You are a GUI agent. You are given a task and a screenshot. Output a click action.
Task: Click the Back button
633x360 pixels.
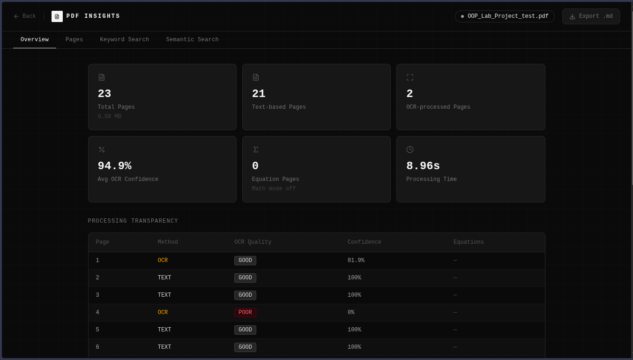pyautogui.click(x=25, y=16)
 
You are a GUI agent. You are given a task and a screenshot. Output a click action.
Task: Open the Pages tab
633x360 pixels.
pyautogui.click(x=74, y=39)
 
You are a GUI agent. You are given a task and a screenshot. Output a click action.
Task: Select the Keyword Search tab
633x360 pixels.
pyautogui.click(x=124, y=39)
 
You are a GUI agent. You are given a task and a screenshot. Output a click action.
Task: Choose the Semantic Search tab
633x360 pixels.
pyautogui.click(x=192, y=39)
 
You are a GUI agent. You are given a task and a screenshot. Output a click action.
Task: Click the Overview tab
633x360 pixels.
pyautogui.click(x=35, y=39)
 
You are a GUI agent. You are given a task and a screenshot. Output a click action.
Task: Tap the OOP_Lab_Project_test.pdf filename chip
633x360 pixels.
pyautogui.click(x=505, y=16)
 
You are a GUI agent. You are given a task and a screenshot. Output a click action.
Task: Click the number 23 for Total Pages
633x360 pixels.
pyautogui.click(x=104, y=94)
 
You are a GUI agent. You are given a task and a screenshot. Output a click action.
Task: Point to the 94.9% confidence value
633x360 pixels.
pyautogui.click(x=114, y=166)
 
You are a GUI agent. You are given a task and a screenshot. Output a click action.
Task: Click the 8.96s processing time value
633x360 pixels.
pyautogui.click(x=423, y=166)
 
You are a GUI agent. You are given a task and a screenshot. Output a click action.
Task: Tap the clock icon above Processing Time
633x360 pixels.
pyautogui.click(x=410, y=150)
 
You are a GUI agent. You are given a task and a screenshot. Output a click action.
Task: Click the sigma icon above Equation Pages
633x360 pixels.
pyautogui.click(x=255, y=150)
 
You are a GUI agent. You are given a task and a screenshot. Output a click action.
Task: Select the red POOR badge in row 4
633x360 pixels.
pyautogui.click(x=245, y=312)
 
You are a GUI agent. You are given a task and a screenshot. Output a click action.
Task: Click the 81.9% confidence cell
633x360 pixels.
pyautogui.click(x=356, y=260)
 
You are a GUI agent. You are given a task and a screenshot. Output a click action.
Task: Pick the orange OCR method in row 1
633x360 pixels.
pyautogui.click(x=163, y=260)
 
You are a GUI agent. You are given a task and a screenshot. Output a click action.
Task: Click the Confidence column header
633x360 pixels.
pyautogui.click(x=364, y=242)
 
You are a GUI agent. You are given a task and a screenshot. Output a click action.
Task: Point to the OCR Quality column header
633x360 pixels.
pyautogui.click(x=253, y=242)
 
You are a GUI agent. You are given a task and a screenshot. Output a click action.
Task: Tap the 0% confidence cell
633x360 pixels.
pyautogui.click(x=351, y=312)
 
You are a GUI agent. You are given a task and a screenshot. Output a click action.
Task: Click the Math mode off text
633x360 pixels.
pyautogui.click(x=274, y=188)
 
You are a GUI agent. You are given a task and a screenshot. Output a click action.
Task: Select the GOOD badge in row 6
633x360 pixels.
pyautogui.click(x=245, y=347)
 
